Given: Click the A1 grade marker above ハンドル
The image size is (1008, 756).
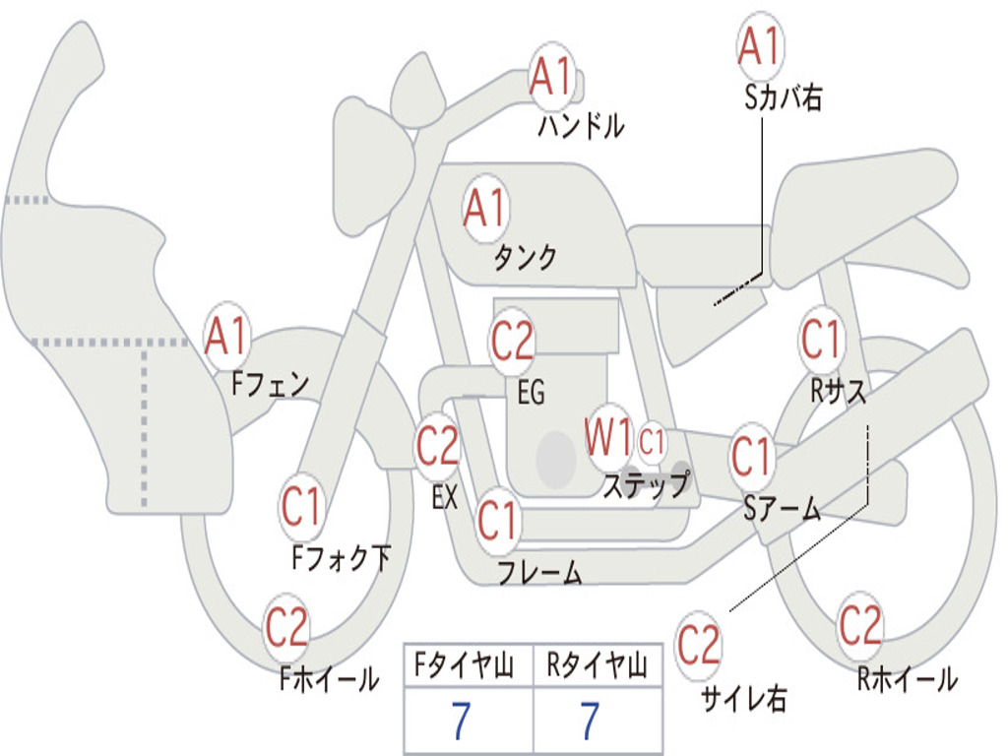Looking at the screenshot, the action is (551, 76).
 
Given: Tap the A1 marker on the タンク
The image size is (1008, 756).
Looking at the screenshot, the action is (486, 209).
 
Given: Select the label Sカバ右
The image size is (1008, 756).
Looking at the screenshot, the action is (783, 97).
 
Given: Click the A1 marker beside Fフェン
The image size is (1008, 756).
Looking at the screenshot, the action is (227, 337).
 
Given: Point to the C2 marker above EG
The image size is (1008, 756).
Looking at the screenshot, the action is (512, 341).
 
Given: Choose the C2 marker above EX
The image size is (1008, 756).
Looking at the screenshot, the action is (438, 446).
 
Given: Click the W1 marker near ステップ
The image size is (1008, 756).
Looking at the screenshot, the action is (607, 437).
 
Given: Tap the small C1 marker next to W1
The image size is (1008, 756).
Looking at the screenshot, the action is (652, 442).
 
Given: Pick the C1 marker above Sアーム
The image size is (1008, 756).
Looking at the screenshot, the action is (751, 457).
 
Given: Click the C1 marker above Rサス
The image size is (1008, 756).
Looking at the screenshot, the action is (821, 339).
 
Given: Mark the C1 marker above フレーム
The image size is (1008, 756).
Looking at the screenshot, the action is (497, 520).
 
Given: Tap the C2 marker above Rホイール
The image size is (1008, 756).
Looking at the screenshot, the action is (860, 625).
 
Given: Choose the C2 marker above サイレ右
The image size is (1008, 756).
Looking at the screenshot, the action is (698, 644).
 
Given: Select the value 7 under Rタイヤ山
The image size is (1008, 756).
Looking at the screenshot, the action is (591, 721).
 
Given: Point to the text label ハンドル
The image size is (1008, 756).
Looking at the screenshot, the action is (581, 125).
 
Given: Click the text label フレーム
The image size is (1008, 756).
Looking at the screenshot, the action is (540, 572).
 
